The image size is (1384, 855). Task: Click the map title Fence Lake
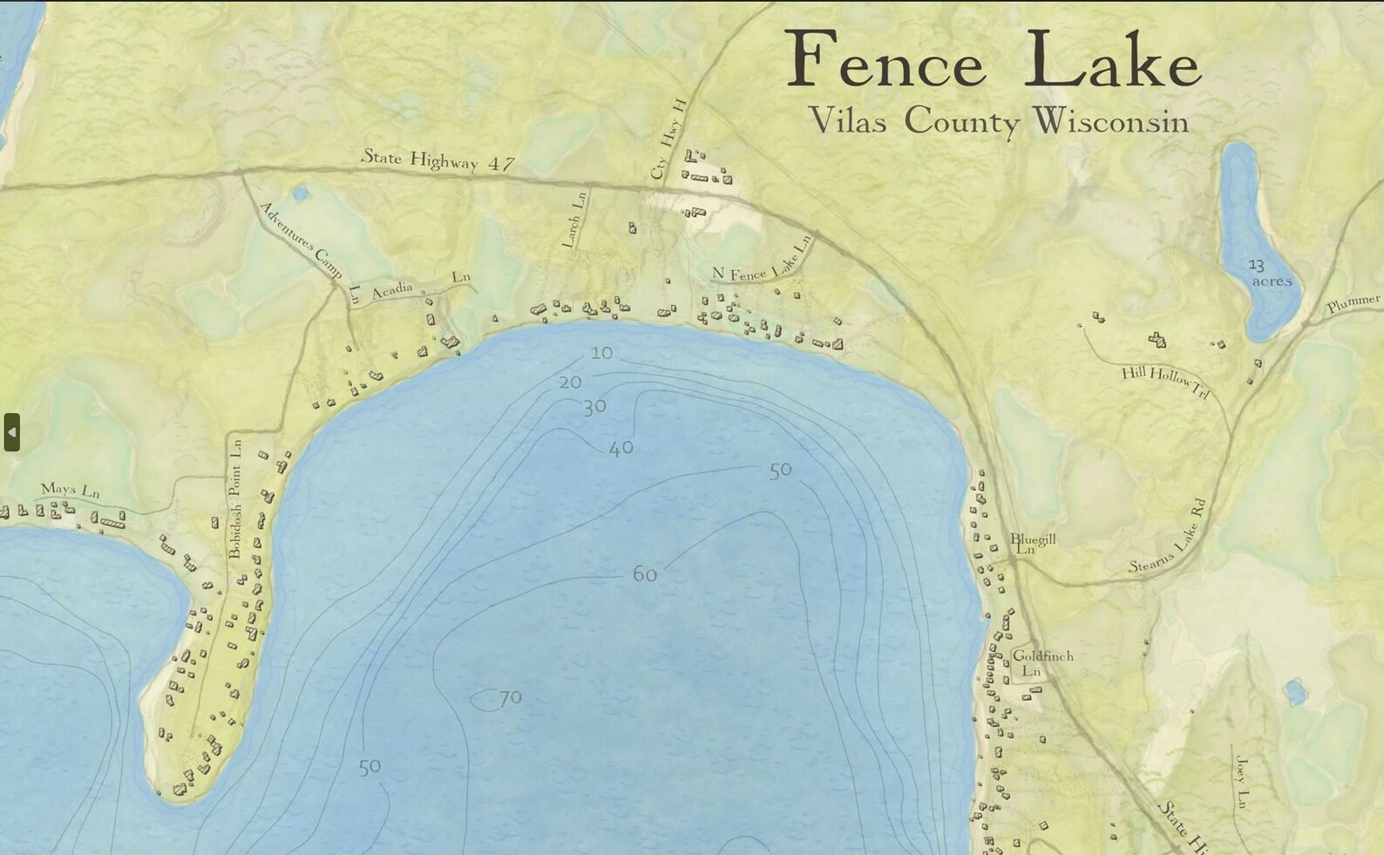[994, 59]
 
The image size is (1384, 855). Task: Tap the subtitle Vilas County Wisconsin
[999, 121]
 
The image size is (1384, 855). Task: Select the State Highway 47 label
[438, 159]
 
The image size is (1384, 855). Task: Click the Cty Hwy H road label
[669, 139]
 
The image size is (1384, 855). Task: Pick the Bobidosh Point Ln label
[235, 499]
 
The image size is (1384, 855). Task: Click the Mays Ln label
[71, 490]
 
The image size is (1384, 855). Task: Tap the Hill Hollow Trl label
[1165, 381]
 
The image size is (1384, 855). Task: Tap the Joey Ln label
[1242, 783]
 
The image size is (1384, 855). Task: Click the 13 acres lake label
[1270, 273]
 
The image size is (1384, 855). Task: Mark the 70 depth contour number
[510, 697]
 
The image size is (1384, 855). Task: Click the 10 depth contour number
[601, 353]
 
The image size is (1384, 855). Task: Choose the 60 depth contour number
[644, 574]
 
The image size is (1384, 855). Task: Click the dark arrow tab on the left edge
[11, 432]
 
